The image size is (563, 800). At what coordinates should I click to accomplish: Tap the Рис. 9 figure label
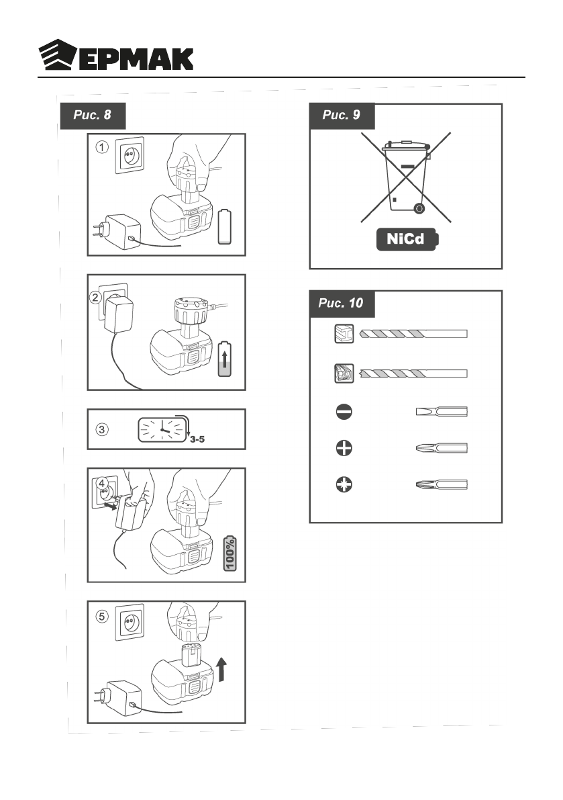[x=341, y=115]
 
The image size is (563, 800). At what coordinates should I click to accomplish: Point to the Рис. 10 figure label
[x=341, y=303]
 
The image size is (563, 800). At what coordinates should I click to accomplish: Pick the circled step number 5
[x=101, y=615]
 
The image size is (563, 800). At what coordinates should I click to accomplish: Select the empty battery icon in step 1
[x=225, y=226]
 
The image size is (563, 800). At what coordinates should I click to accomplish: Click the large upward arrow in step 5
[x=225, y=670]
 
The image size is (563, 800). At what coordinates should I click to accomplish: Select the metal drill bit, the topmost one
[x=413, y=334]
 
